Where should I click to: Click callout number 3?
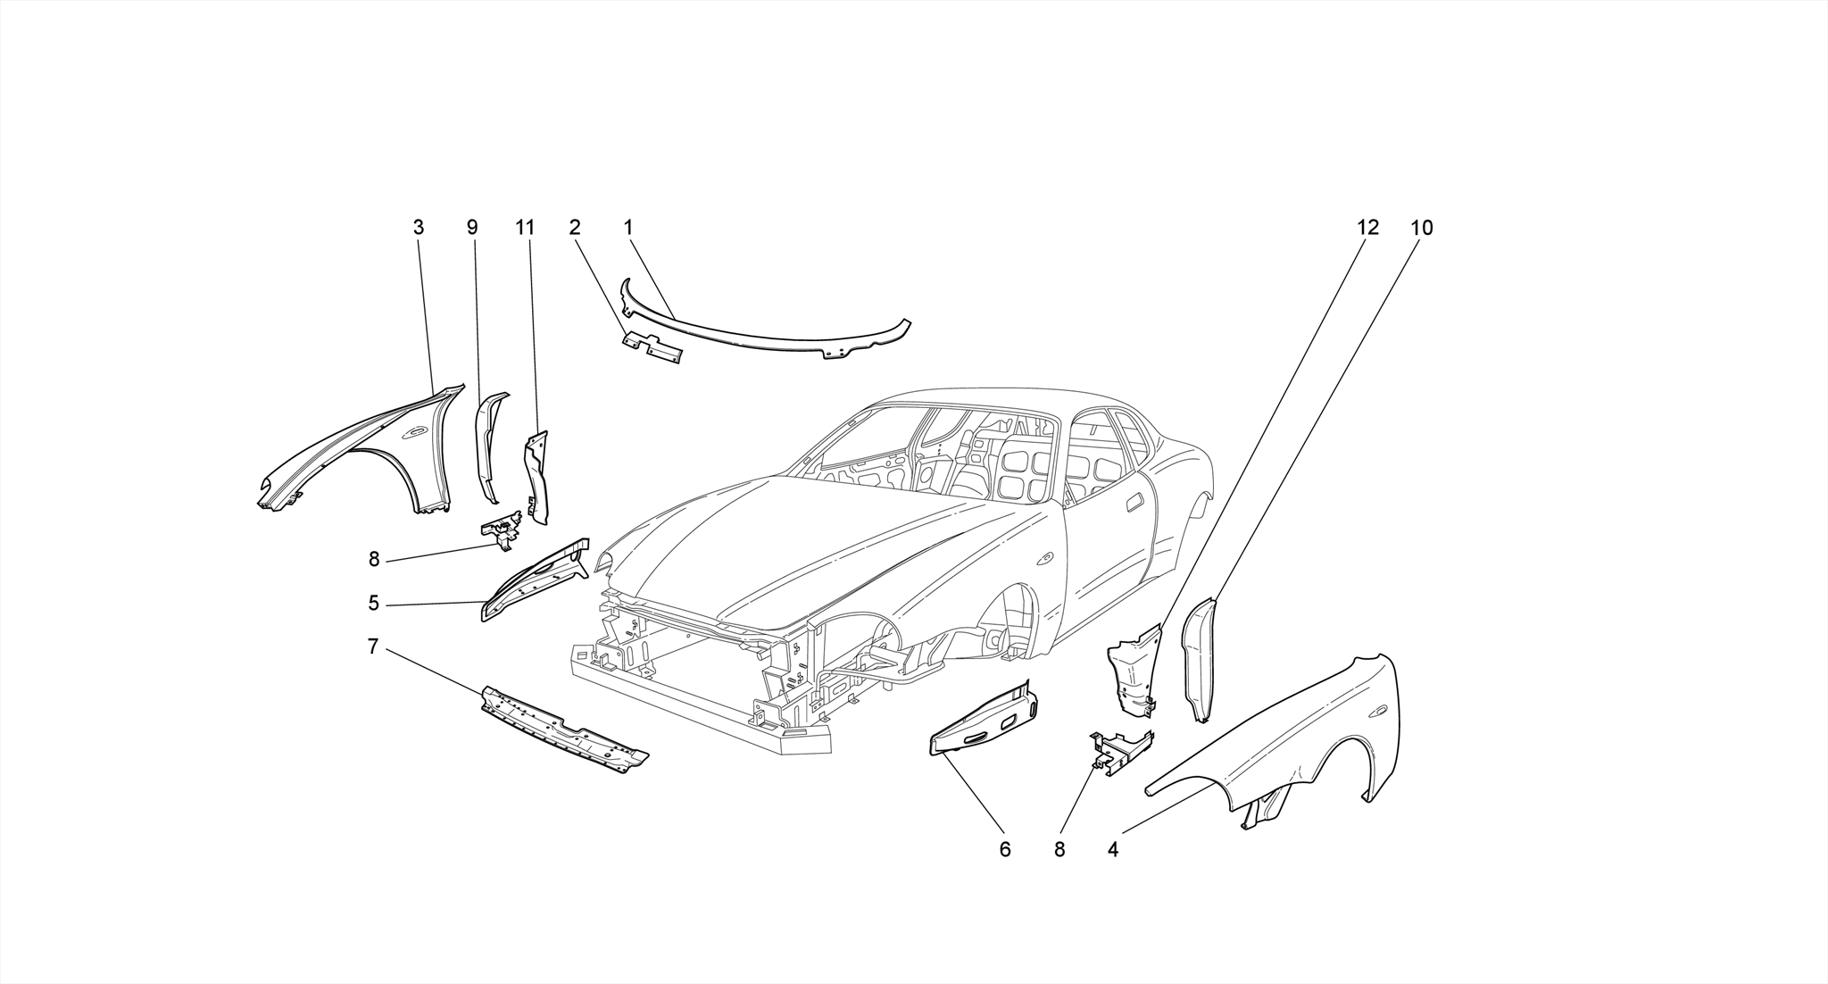[x=419, y=228]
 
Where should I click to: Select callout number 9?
[x=472, y=228]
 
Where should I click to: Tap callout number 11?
[x=525, y=228]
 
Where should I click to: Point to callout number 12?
[x=1367, y=228]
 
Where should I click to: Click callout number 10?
[x=1422, y=228]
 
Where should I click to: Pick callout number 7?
[x=373, y=646]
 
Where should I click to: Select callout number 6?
[x=1005, y=849]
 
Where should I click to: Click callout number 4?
[x=1113, y=849]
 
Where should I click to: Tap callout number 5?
[x=373, y=604]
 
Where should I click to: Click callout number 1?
[x=628, y=228]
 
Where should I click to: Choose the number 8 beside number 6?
[x=1059, y=849]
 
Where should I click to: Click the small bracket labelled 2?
[x=652, y=349]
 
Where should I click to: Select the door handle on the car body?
[x=1135, y=502]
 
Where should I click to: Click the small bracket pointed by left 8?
[x=502, y=529]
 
